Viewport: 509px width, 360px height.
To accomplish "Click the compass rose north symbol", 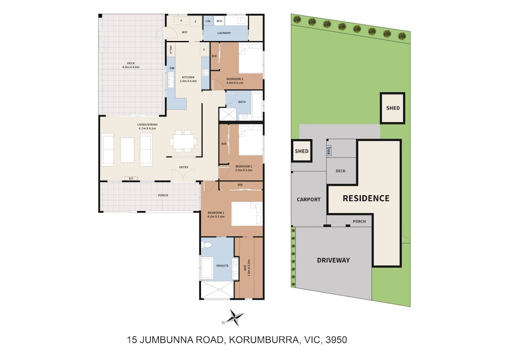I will coord(233,318).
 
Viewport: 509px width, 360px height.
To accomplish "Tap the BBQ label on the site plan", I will coord(329,151).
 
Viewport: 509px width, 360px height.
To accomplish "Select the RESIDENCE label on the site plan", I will coord(366,198).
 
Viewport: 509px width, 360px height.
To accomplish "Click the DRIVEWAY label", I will coord(333,260).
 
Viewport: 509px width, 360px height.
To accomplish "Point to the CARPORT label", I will coord(309,199).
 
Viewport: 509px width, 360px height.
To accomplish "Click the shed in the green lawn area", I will coord(393,108).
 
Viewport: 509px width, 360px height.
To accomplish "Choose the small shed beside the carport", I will coord(302,151).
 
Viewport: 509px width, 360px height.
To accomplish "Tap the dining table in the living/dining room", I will coord(183,141).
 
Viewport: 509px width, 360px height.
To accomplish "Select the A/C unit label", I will coord(131,179).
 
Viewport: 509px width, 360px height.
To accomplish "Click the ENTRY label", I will coord(183,167).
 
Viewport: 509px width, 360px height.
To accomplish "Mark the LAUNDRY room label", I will coord(224,33).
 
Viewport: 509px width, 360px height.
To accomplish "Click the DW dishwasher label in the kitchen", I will coord(172,68).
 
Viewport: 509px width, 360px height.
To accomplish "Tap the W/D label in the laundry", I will coord(220,21).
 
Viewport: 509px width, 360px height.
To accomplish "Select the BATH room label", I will coord(241,102).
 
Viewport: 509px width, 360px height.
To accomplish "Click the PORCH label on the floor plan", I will coord(163,195).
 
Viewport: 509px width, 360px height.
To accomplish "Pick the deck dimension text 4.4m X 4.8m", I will coord(131,67).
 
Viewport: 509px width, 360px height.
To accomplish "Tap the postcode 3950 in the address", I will coord(336,339).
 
